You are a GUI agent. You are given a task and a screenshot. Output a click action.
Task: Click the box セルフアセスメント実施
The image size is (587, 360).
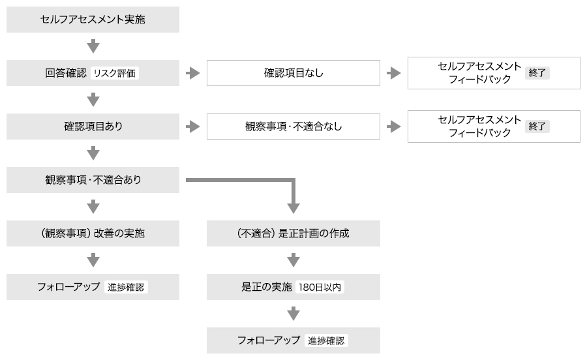pos(93,20)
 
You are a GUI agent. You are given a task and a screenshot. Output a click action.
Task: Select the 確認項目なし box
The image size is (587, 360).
pos(293,73)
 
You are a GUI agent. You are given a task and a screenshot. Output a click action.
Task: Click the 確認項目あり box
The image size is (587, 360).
pos(93,127)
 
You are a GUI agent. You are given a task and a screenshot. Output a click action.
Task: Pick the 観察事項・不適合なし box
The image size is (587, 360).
pos(293,127)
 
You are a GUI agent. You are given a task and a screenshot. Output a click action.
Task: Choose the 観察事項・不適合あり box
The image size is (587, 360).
pos(93,180)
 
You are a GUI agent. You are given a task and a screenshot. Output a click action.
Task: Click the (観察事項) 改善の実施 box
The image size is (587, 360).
pos(93,233)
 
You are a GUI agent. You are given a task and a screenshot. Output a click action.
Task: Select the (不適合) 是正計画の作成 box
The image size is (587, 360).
pos(293,233)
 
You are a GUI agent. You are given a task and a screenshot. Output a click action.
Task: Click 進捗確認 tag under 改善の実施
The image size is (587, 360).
pos(126,287)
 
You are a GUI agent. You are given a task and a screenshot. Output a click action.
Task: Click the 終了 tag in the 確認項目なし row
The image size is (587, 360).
pos(537,73)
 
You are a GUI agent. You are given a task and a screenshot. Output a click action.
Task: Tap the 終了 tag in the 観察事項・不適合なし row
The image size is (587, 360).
pos(537,127)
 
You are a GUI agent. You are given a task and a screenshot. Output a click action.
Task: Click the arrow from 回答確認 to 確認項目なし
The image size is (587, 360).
pos(192,73)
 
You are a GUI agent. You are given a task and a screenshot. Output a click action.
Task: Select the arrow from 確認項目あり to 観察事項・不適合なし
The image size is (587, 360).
pos(192,127)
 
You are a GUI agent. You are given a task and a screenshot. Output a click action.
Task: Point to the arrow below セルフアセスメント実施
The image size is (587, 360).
pos(93,46)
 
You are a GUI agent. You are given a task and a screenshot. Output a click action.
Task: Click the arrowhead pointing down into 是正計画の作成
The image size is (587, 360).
pos(293,207)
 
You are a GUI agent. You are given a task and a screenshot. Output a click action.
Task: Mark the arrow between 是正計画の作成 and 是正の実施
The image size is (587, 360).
pos(293,260)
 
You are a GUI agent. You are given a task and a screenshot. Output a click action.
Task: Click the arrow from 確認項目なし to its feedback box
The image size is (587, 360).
pos(393,73)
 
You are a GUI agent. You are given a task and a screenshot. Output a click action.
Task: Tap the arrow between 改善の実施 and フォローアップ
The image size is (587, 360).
pos(93,260)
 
